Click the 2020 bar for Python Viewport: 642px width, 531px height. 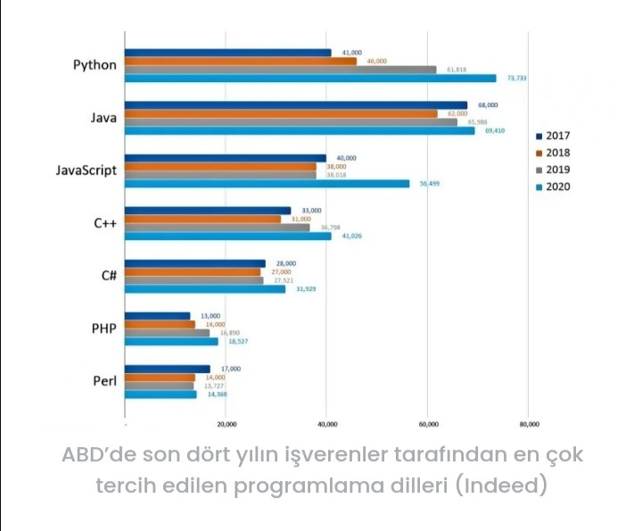coord(310,79)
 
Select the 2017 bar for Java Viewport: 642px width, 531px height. coord(296,105)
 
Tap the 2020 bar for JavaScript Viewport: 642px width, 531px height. coord(267,184)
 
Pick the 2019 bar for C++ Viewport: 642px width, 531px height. coord(218,228)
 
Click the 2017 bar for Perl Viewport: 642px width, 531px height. coord(168,369)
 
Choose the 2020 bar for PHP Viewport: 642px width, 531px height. coord(171,341)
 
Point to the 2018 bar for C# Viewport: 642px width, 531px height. coord(193,272)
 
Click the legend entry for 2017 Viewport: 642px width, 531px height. coord(552,137)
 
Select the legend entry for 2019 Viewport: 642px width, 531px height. coord(552,170)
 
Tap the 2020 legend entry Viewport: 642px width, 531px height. coord(552,187)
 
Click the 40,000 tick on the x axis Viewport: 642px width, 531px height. coord(327,425)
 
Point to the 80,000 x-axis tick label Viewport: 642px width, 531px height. coord(529,425)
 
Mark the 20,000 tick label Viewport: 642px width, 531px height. coord(226,425)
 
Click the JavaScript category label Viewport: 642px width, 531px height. coord(86,170)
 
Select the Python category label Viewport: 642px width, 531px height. coord(95,65)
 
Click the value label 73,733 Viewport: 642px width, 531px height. coord(517,79)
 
